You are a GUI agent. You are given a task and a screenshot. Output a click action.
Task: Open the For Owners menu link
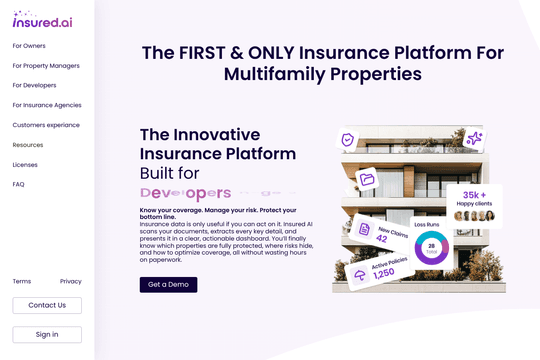pos(29,46)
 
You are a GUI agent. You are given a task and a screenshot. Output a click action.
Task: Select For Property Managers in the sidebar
pos(46,66)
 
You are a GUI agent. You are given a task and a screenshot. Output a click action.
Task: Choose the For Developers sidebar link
pos(34,85)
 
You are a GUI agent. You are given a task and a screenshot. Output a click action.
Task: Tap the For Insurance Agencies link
pos(47,105)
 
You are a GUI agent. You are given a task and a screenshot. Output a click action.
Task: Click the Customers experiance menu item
pos(46,125)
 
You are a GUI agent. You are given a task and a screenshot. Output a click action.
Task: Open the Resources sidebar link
pos(28,145)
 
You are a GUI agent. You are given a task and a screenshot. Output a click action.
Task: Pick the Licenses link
pos(25,164)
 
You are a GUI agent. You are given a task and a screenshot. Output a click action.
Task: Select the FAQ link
pos(19,184)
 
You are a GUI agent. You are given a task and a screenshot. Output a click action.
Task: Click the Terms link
pos(22,281)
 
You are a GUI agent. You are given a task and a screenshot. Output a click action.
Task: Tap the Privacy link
pos(71,281)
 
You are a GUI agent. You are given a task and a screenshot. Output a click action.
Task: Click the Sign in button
pos(47,334)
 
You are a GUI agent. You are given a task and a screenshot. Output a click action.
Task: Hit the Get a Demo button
pos(168,285)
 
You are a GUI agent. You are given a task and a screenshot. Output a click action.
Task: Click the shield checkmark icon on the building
pos(348,140)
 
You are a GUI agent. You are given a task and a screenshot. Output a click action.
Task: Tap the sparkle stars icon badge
pos(474,139)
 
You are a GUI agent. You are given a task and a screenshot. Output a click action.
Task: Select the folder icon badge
pos(367,179)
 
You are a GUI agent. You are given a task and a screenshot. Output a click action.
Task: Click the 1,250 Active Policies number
pos(383,273)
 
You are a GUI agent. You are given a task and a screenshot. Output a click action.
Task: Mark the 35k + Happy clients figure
pos(474,195)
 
